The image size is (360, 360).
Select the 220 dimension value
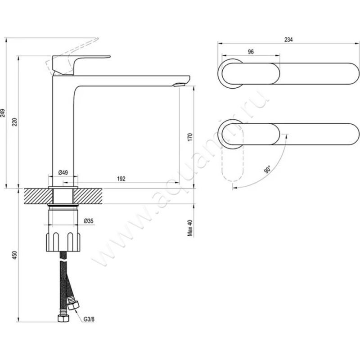[x=14, y=121]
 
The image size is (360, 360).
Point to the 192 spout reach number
[x=121, y=179]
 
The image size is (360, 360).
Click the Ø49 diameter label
[x=63, y=173]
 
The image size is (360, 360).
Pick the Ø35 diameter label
[x=89, y=220]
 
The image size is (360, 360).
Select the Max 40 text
[x=190, y=228]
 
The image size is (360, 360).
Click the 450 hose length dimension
[x=14, y=256]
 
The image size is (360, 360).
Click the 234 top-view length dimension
[x=288, y=40]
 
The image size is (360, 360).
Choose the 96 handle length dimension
[x=251, y=52]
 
